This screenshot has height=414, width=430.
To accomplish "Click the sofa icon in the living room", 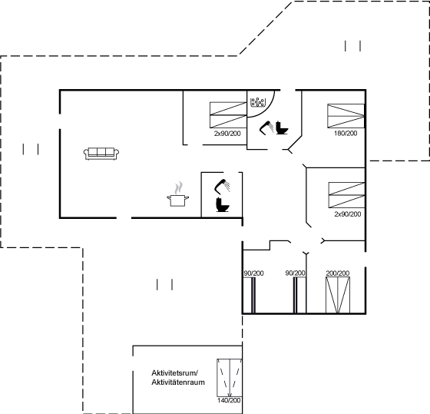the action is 101,154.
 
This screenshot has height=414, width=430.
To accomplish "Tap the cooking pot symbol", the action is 177,200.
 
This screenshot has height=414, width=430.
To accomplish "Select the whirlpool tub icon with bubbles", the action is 258,102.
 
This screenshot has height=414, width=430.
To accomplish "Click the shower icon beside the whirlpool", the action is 266,128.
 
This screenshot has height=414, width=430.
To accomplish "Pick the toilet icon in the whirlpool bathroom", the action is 282,128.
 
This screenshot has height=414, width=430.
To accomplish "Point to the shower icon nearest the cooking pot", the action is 222,186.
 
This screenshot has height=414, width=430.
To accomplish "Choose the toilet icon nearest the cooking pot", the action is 223,204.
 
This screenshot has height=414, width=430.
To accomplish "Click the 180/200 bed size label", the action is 346,134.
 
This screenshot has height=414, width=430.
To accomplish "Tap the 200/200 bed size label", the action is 338,273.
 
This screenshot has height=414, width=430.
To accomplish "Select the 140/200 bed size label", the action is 229,400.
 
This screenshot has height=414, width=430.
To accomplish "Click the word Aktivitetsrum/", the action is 175,373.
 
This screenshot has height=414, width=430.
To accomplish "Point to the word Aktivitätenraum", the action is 178,383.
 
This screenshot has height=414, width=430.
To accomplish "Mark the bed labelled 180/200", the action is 346,116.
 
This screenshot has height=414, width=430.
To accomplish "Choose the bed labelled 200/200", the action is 338,295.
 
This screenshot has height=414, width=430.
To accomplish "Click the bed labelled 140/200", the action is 230,378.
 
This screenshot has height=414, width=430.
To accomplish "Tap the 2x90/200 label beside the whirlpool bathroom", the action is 227,134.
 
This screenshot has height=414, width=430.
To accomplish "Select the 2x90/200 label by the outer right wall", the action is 347,214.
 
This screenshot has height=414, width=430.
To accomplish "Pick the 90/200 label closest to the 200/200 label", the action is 295,273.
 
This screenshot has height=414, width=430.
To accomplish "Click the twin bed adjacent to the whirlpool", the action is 228,115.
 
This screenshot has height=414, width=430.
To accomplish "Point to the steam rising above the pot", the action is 178,187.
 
